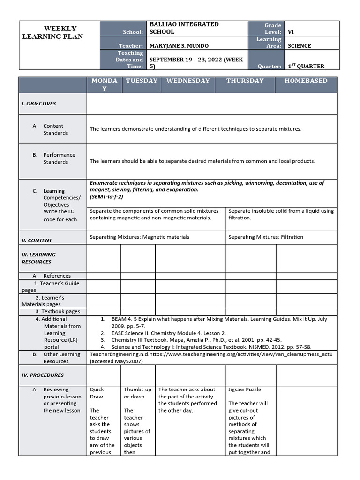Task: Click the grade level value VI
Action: coord(291,32)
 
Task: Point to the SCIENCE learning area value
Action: coord(299,46)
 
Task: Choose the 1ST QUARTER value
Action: coord(306,67)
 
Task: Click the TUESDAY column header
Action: coord(142,81)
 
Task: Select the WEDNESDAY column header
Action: coord(188,81)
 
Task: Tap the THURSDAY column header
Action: coord(245,81)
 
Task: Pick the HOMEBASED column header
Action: coord(306,81)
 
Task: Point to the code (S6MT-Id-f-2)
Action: coord(106,197)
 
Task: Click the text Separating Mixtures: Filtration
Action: coord(265,237)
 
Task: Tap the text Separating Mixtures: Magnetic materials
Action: coord(139,237)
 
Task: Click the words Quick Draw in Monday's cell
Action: coord(97,393)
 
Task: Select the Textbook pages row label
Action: coord(57,311)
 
